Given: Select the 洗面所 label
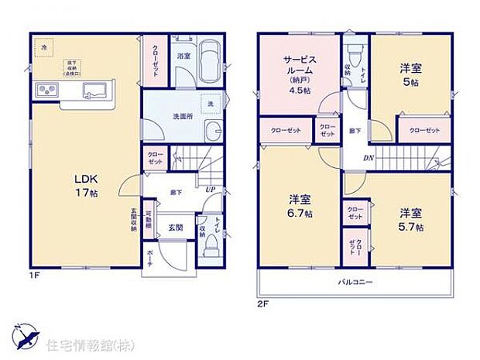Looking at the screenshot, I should (x=183, y=116).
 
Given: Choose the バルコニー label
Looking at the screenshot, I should (x=355, y=282).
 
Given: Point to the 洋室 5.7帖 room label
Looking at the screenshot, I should (x=411, y=219).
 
